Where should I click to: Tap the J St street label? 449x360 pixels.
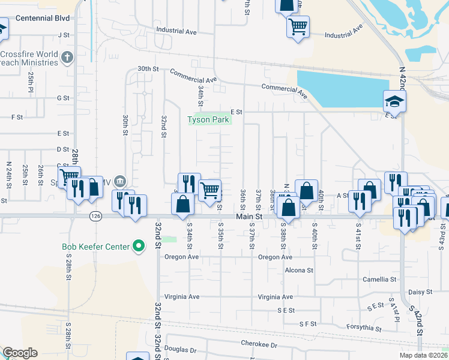(64, 35)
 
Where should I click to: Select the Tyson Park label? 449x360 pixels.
(207, 119)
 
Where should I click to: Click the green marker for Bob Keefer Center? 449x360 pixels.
(139, 246)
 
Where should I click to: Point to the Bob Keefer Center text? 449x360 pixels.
(95, 247)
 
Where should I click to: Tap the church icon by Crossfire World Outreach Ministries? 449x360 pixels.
(67, 58)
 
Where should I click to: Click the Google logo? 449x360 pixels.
(20, 353)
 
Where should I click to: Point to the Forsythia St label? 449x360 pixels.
(364, 328)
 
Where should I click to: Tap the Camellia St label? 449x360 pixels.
(379, 280)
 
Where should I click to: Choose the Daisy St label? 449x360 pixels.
(420, 292)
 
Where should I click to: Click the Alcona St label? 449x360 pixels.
(299, 271)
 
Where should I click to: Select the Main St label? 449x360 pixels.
(249, 216)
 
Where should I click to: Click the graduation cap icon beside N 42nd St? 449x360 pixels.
(394, 100)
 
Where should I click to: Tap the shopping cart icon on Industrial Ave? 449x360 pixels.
(298, 26)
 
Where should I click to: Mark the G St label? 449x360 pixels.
(63, 98)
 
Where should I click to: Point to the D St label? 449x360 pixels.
(63, 149)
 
